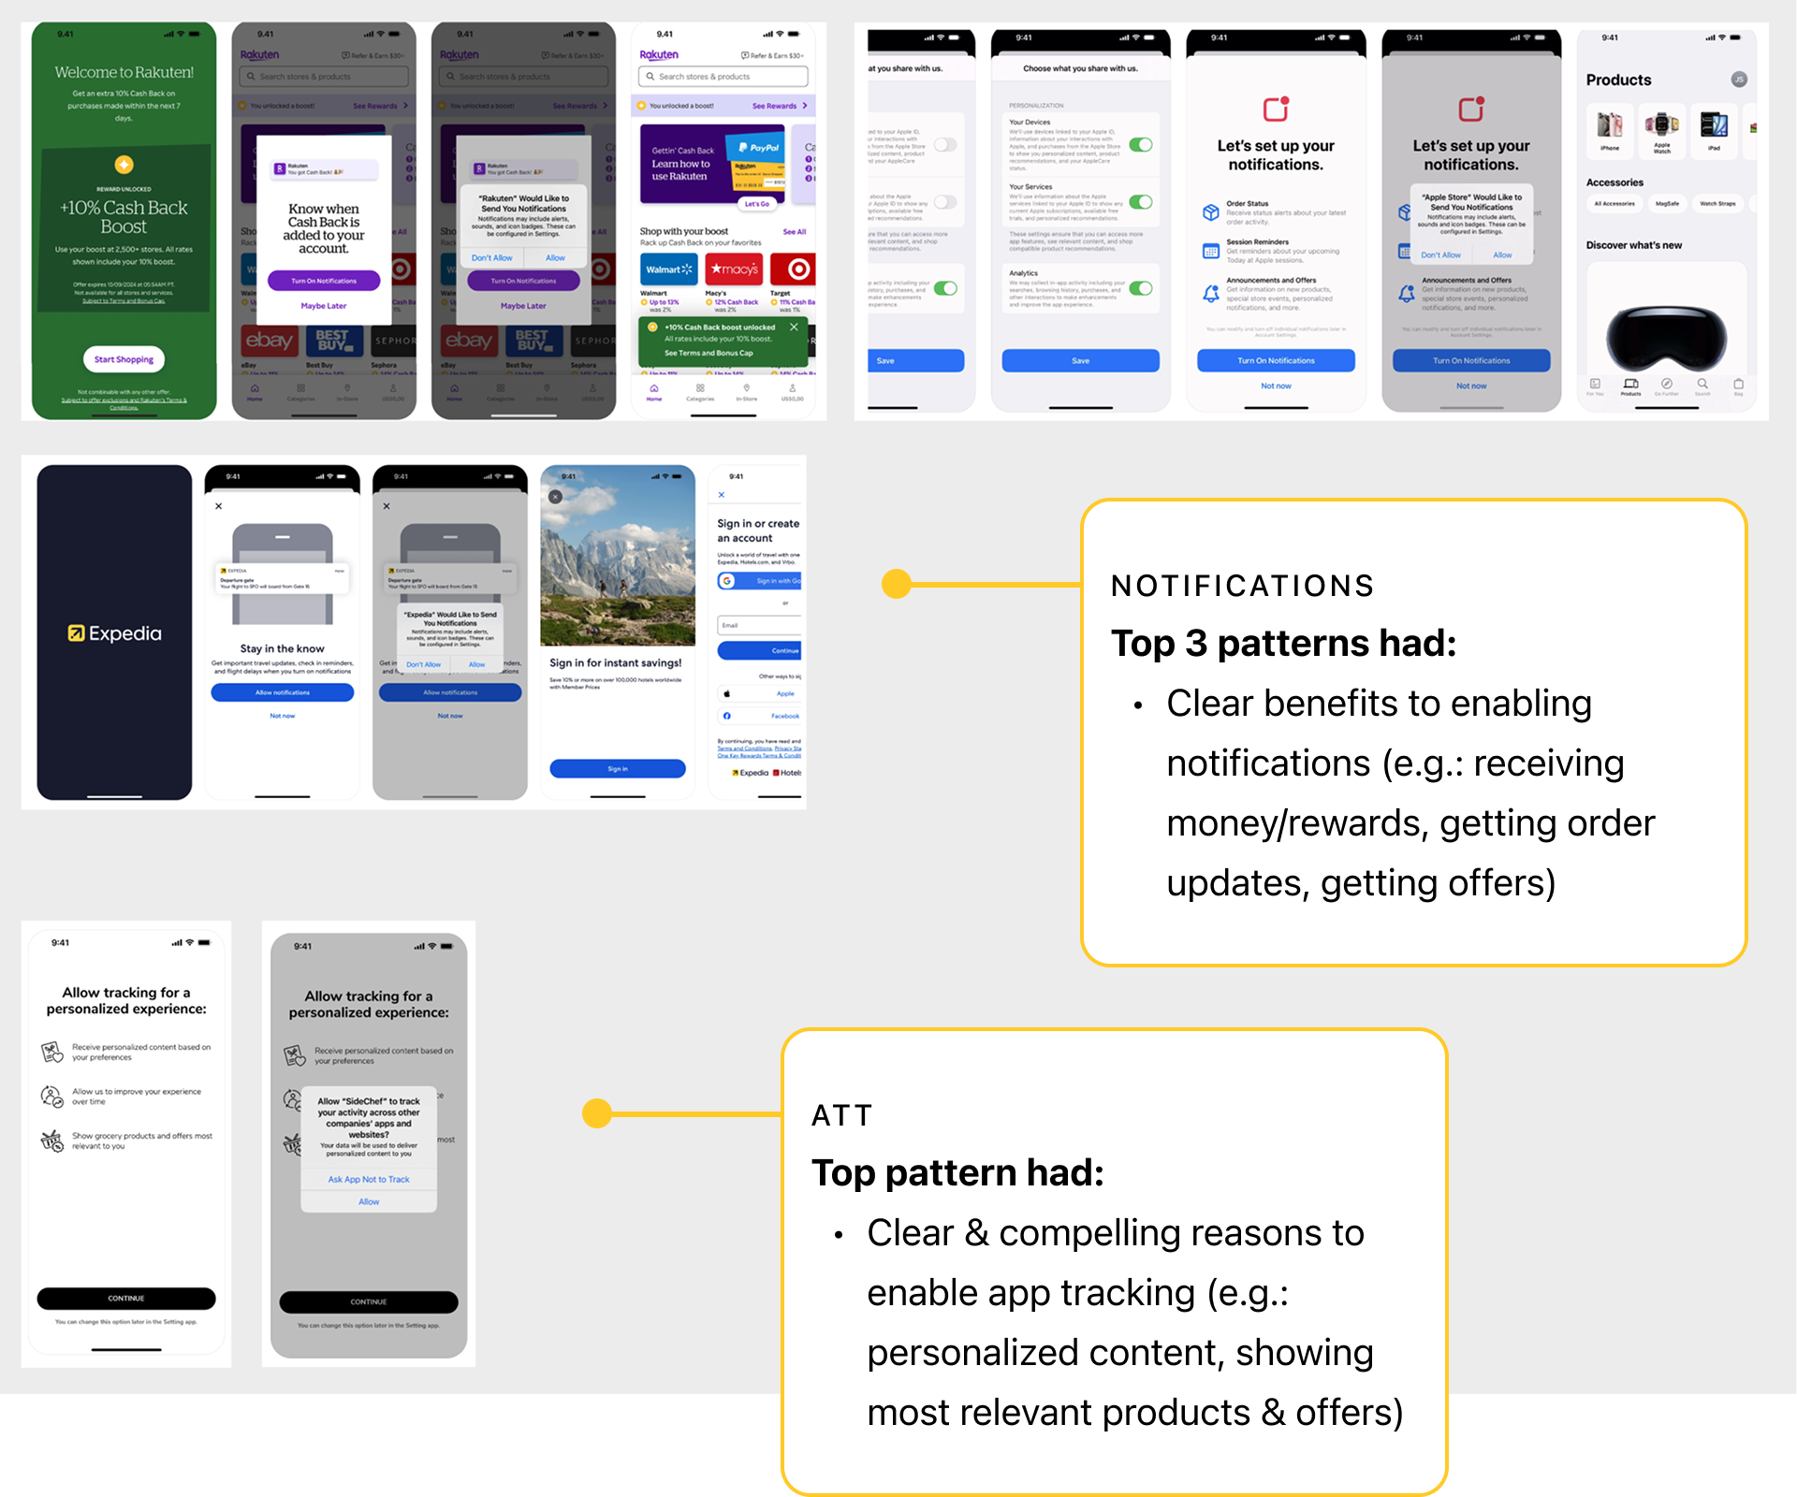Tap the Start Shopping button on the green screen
[124, 359]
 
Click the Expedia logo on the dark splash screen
[114, 633]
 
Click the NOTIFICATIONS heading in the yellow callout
[1242, 586]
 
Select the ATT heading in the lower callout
[841, 1115]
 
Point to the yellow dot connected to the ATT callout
[596, 1113]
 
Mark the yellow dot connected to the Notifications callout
[896, 584]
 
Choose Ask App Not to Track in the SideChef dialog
[369, 1180]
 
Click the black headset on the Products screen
[1667, 339]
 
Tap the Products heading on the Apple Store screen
[1618, 80]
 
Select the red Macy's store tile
[734, 269]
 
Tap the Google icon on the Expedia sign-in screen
[727, 581]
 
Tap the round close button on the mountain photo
[555, 497]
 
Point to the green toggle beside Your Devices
[1140, 145]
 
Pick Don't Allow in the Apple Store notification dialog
[1440, 254]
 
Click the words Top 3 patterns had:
[1283, 644]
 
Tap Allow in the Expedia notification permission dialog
[476, 664]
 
